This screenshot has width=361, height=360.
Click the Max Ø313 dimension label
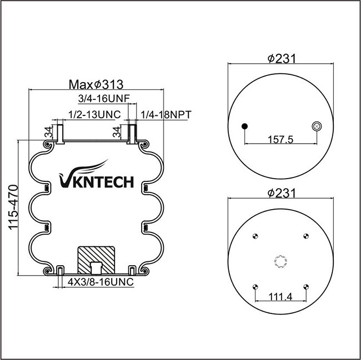tap(96, 85)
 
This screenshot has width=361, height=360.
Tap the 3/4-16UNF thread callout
tap(104, 99)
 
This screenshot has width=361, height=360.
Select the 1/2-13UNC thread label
tap(94, 114)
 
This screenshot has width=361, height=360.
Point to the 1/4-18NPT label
tap(166, 115)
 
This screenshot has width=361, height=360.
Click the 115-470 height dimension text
tap(13, 207)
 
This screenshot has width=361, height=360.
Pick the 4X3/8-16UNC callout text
tap(101, 282)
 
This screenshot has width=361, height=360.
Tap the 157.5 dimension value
tap(280, 139)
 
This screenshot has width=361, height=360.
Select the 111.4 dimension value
tap(280, 297)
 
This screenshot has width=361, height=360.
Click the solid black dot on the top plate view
tap(244, 126)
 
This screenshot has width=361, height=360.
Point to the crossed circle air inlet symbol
tap(317, 126)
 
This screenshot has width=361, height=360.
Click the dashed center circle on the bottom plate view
tap(280, 262)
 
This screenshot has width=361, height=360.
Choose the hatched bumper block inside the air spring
tap(96, 260)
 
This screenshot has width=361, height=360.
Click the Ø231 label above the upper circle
tap(282, 59)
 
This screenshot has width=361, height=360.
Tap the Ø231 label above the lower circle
tap(282, 194)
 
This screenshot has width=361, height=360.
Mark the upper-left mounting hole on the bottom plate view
tap(255, 236)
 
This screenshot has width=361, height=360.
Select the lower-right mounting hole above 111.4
tap(306, 287)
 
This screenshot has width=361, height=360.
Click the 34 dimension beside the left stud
tap(48, 132)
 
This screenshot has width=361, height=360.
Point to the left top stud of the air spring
tap(60, 134)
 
